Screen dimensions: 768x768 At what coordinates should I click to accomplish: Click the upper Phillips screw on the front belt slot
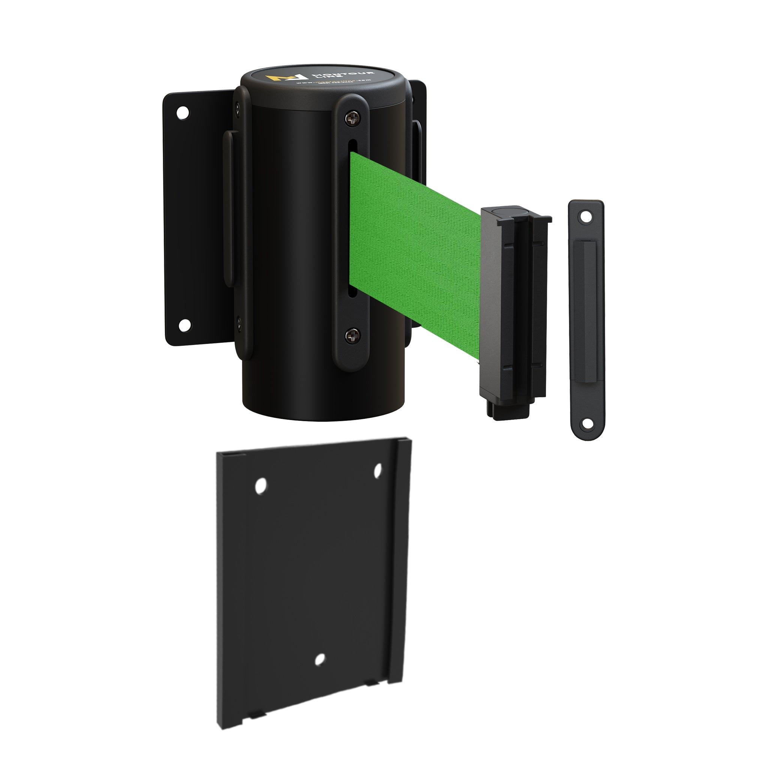point(352,118)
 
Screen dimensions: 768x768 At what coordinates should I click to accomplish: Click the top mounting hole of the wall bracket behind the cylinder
point(183,113)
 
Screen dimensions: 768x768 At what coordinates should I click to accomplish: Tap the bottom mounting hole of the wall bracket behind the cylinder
point(184,325)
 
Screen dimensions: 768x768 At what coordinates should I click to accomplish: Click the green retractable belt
point(413,254)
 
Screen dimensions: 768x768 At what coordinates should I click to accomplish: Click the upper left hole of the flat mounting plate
point(261,486)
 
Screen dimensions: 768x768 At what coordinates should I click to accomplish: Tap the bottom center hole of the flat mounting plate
point(319,659)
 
